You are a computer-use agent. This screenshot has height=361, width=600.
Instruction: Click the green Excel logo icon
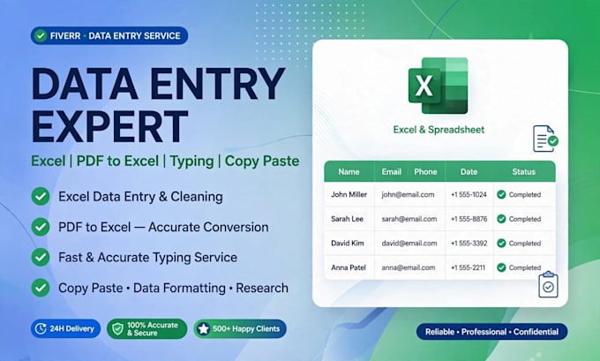click(439, 86)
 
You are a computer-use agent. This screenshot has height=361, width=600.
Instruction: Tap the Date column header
click(469, 172)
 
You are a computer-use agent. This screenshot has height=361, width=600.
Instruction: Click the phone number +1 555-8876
click(469, 219)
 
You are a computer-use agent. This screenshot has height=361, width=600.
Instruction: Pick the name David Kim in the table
click(348, 243)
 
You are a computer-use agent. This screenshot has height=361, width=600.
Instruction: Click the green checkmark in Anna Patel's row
click(501, 267)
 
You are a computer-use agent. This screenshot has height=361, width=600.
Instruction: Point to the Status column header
click(524, 172)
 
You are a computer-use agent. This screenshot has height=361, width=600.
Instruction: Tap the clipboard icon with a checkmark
click(548, 284)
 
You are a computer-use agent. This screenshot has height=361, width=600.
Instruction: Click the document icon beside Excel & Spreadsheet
click(545, 139)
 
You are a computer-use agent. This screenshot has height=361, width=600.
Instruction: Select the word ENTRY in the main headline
click(217, 84)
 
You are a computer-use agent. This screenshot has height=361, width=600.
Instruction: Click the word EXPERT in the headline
click(109, 127)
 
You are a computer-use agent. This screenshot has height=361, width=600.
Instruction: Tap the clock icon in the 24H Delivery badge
click(41, 328)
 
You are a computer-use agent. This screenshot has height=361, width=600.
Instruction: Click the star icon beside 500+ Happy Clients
click(203, 329)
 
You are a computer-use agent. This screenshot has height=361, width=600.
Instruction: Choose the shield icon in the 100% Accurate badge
click(117, 329)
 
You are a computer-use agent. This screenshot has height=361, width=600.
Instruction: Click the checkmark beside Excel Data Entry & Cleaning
click(41, 196)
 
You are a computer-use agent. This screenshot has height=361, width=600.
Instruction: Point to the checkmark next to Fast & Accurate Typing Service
click(41, 257)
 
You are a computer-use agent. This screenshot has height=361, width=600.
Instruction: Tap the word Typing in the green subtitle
click(191, 162)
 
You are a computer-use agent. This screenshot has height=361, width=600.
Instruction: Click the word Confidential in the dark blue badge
click(536, 332)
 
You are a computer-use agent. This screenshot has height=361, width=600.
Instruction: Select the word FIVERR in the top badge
click(65, 36)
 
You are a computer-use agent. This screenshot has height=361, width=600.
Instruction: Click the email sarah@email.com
click(409, 219)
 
